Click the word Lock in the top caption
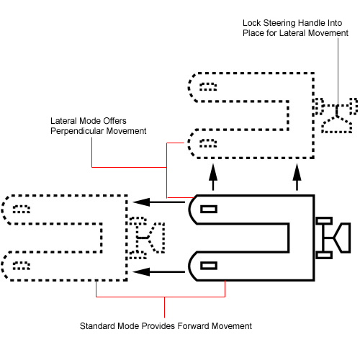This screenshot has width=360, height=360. point(251,23)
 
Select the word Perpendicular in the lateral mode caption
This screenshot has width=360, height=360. point(77,131)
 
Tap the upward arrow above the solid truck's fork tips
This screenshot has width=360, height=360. point(213,177)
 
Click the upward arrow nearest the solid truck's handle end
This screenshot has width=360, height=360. point(297,177)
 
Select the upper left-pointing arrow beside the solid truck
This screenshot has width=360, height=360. point(158,202)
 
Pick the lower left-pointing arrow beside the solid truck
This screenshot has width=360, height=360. point(158,272)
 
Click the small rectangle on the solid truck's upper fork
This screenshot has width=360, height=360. point(209,209)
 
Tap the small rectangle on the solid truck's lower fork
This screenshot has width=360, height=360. point(209,266)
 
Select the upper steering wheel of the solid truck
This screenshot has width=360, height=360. point(324,221)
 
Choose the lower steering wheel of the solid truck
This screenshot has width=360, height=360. point(324,255)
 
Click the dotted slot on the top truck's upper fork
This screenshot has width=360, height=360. point(208,86)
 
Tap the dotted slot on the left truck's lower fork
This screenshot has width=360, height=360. point(22,266)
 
